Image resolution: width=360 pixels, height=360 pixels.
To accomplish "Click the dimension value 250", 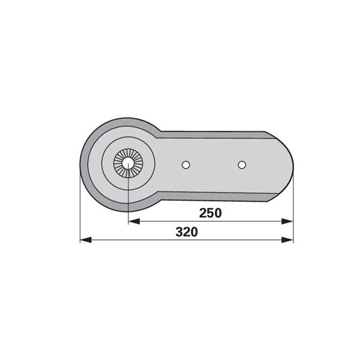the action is [211, 213].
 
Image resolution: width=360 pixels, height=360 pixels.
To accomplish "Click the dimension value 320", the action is [187, 232].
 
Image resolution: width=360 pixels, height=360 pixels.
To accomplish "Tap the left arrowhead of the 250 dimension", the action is [134, 221].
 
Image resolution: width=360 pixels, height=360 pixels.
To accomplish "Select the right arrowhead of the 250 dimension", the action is [287, 221].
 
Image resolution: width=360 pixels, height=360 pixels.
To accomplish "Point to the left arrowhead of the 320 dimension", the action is [86, 240].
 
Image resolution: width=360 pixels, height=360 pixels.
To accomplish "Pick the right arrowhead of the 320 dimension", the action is [287, 240].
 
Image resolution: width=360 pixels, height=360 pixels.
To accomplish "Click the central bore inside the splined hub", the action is [128, 163].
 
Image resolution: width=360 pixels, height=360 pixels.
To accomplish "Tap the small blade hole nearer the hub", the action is [185, 165].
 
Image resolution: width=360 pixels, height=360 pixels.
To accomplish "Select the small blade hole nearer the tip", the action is [242, 165].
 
